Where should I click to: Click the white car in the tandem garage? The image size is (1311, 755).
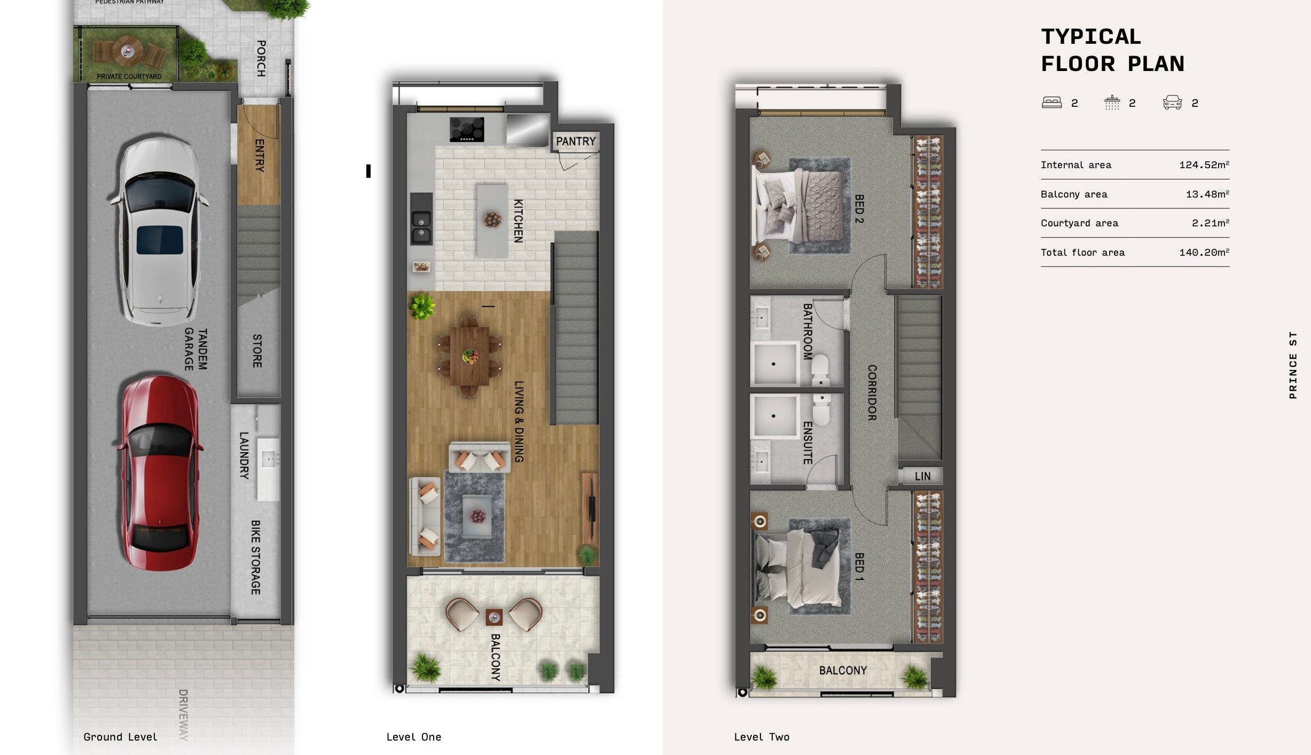click(x=159, y=231)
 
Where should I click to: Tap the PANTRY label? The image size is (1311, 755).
click(x=576, y=141)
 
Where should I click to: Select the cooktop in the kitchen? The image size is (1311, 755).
click(x=467, y=130)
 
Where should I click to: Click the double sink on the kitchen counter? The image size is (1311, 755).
click(x=421, y=227)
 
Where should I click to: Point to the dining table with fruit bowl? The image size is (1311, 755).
click(x=469, y=356)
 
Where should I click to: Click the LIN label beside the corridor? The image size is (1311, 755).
click(x=922, y=476)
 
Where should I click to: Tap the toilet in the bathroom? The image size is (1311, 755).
click(x=820, y=369)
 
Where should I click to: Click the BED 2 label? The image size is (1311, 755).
click(x=859, y=208)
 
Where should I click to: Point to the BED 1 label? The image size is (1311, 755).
click(x=859, y=567)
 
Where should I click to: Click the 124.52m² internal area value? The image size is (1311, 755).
click(x=1204, y=164)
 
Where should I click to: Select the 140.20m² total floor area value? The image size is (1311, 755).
click(x=1204, y=252)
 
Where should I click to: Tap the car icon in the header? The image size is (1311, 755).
click(x=1172, y=102)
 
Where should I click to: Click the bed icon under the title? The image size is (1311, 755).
click(x=1051, y=102)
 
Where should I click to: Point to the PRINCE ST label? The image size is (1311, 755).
click(x=1293, y=365)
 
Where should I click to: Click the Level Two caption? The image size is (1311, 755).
click(x=762, y=737)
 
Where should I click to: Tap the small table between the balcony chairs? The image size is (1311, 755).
click(x=494, y=617)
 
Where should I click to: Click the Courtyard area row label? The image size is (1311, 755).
click(x=1079, y=223)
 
